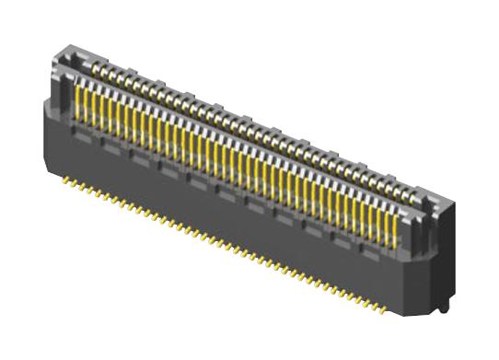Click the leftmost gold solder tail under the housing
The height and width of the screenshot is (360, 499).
65,181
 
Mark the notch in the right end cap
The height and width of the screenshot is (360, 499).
425,199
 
